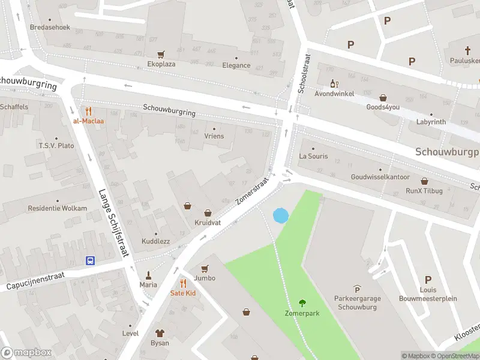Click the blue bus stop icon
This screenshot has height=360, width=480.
pyautogui.click(x=90, y=260)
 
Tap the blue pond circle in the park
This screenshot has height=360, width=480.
pyautogui.click(x=280, y=215)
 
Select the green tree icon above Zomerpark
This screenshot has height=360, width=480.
pyautogui.click(x=302, y=303)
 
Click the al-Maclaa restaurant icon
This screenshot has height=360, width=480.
pyautogui.click(x=88, y=110)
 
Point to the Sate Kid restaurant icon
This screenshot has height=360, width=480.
pyautogui.click(x=183, y=283)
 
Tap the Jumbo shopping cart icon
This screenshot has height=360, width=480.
pyautogui.click(x=205, y=269)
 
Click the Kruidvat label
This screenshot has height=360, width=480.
pyautogui.click(x=208, y=223)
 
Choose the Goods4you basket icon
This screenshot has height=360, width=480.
pyautogui.click(x=383, y=97)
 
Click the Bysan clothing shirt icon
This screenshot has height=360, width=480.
pyautogui.click(x=160, y=333)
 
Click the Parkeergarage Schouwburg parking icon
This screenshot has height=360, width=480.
pyautogui.click(x=358, y=289)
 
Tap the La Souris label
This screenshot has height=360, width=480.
pyautogui.click(x=313, y=157)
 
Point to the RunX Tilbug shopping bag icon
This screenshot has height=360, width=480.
pyautogui.click(x=424, y=181)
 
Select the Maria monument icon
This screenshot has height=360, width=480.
pyautogui.click(x=148, y=275)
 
